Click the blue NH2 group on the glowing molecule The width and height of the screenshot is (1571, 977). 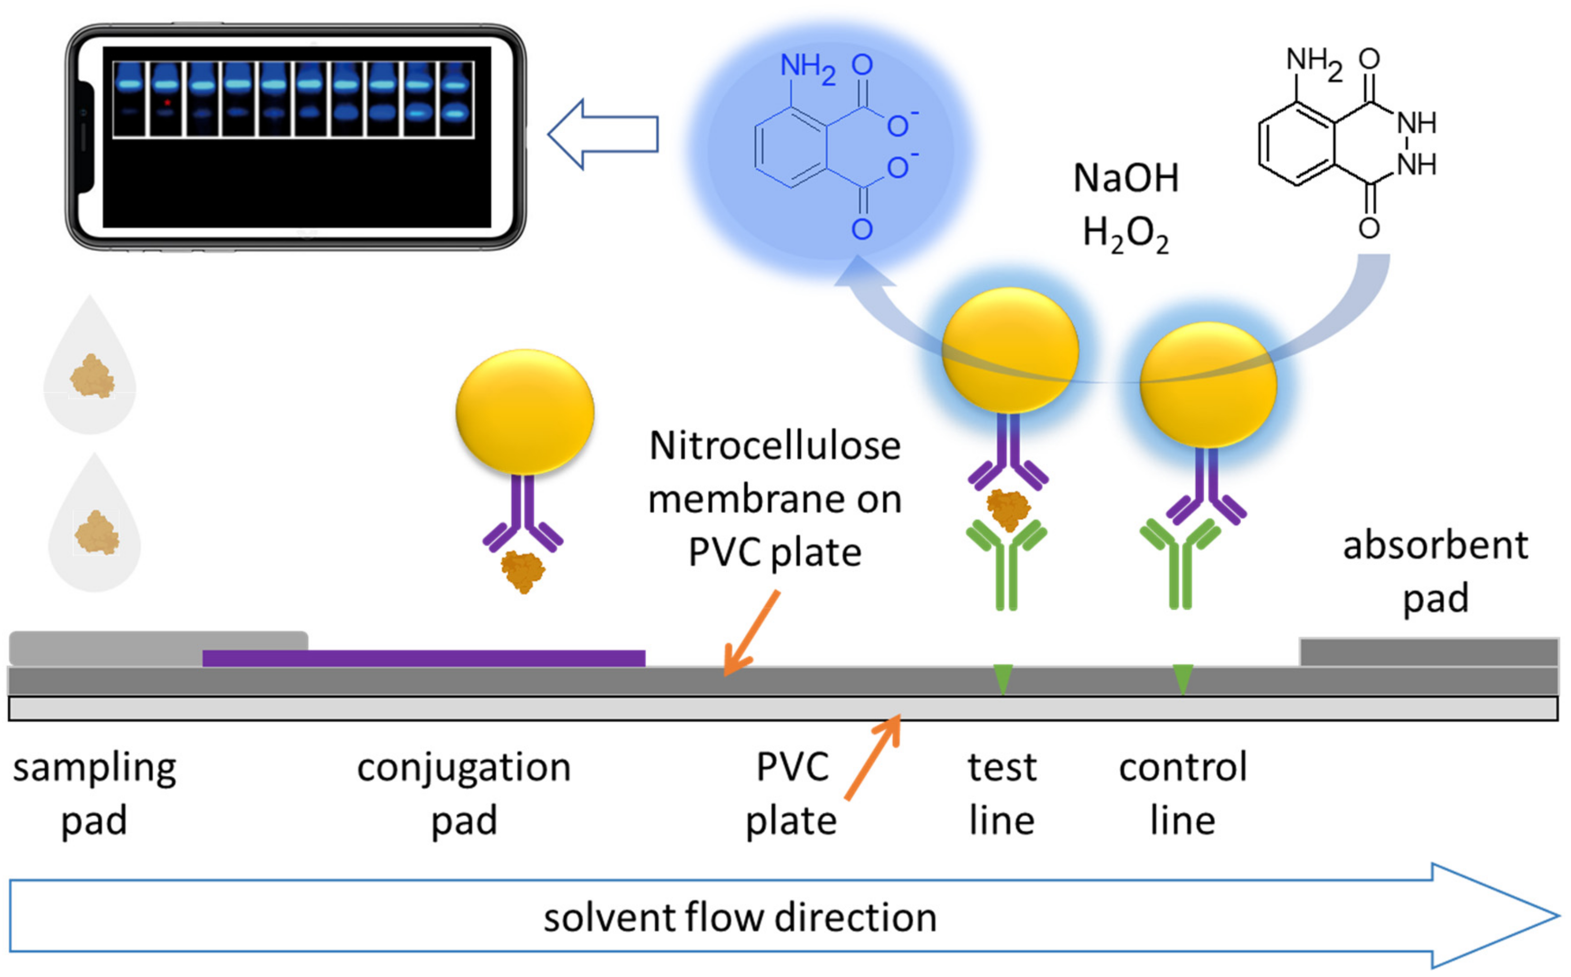click(x=808, y=68)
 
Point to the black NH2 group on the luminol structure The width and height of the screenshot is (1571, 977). click(x=1314, y=63)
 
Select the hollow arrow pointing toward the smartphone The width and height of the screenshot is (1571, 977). click(x=603, y=135)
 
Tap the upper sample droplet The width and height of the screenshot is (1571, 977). click(x=90, y=365)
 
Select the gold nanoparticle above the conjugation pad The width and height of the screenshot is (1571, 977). click(x=525, y=411)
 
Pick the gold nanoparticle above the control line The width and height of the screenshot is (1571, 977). click(x=1208, y=385)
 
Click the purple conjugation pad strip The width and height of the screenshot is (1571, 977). click(x=424, y=658)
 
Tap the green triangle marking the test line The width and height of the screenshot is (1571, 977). click(x=1003, y=678)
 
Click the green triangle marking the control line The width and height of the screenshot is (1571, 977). click(x=1183, y=678)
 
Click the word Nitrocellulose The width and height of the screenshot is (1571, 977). click(x=775, y=446)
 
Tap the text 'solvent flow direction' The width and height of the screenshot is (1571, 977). click(x=740, y=918)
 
